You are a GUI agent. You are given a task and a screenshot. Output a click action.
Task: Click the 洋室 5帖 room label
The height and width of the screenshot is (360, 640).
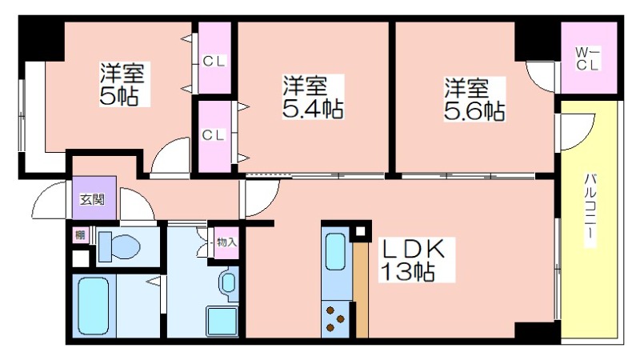click(x=123, y=84)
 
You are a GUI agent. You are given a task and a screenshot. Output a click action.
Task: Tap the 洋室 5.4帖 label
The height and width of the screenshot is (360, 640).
click(x=313, y=97)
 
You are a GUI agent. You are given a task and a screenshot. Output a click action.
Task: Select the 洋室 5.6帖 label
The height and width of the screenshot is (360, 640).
click(x=474, y=98)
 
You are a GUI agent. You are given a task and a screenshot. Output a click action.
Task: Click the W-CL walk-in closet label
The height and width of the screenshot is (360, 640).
click(x=588, y=58)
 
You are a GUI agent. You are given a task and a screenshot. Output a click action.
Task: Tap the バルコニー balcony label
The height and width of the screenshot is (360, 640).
click(x=590, y=210)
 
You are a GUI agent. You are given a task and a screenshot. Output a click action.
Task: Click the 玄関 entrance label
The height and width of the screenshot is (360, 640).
click(x=92, y=199)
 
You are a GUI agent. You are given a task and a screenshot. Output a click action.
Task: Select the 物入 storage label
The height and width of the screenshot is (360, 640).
click(x=226, y=242)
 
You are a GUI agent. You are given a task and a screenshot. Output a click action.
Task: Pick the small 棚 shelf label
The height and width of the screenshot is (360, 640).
click(x=80, y=235)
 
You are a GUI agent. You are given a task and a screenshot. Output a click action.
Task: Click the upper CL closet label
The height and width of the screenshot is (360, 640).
click(x=214, y=62)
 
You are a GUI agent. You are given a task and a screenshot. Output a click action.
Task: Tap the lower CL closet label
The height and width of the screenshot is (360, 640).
click(x=214, y=135)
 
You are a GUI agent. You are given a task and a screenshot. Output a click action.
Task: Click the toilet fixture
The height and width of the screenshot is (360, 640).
click(x=119, y=246)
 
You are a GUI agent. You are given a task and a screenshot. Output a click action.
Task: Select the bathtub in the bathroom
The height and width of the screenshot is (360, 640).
click(x=93, y=306)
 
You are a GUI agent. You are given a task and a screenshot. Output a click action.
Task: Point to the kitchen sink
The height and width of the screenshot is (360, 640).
click(x=335, y=251)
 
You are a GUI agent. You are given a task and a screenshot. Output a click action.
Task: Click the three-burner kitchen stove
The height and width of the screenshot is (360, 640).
click(x=335, y=319)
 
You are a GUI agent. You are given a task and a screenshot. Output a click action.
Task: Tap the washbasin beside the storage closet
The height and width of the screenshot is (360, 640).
click(x=229, y=282)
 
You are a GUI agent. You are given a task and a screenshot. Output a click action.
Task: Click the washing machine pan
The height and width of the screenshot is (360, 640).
click(x=222, y=321)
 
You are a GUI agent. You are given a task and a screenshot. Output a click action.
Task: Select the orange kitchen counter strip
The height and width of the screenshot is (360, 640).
click(x=361, y=290)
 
